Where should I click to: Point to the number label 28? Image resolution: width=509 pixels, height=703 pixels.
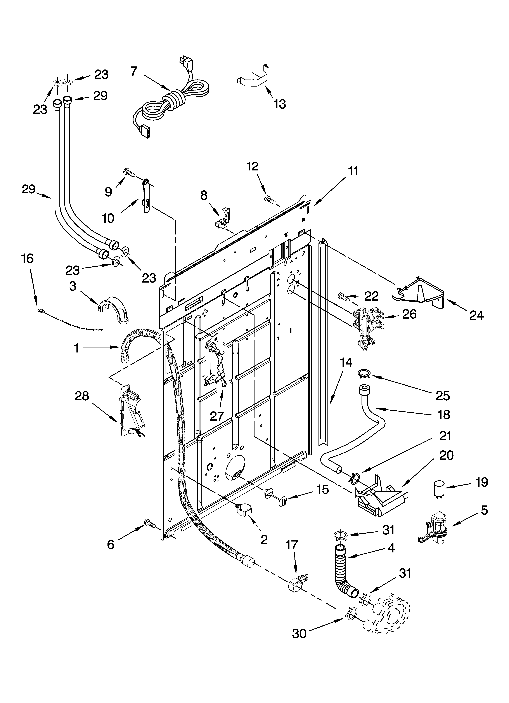click(82, 396)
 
